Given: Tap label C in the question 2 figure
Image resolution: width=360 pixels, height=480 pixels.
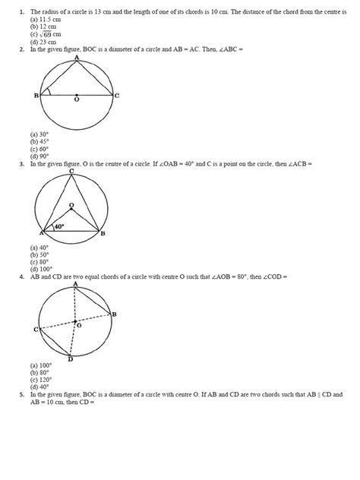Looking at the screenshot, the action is (116, 96).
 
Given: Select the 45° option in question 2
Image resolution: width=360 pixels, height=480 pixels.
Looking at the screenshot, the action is (40, 141).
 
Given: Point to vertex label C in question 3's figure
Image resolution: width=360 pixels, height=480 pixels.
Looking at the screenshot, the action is (71, 172).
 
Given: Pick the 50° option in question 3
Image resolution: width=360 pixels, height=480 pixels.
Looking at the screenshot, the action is (40, 254).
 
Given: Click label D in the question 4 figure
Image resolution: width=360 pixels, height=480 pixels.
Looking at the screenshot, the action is (71, 359).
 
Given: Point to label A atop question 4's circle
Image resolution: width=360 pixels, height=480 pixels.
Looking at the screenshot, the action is (75, 284).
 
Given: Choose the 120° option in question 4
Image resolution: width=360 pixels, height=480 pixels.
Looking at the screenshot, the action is (41, 380).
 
